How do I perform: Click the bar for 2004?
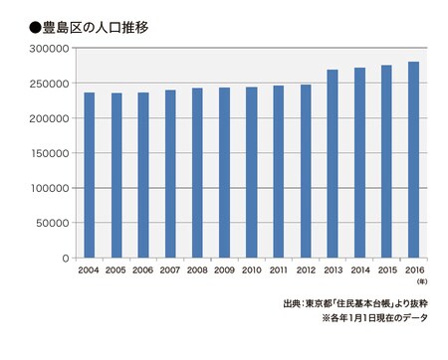point(90,175)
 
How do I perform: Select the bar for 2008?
point(197,173)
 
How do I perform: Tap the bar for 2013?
point(333,163)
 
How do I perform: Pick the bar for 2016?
point(413,159)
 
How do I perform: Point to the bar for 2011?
point(279,171)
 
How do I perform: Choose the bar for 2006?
point(143,175)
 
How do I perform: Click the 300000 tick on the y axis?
point(51,48)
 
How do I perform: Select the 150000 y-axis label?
point(51,153)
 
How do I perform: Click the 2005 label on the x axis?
point(116,270)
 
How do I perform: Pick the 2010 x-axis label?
point(251,270)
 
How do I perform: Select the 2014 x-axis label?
point(359,270)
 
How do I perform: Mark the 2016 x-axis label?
point(413,270)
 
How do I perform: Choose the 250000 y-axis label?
point(51,83)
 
